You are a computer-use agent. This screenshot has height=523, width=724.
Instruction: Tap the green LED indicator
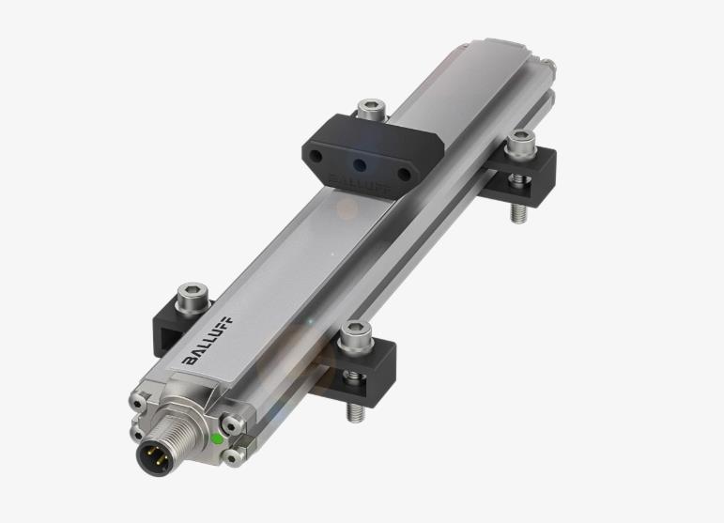(217, 438)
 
